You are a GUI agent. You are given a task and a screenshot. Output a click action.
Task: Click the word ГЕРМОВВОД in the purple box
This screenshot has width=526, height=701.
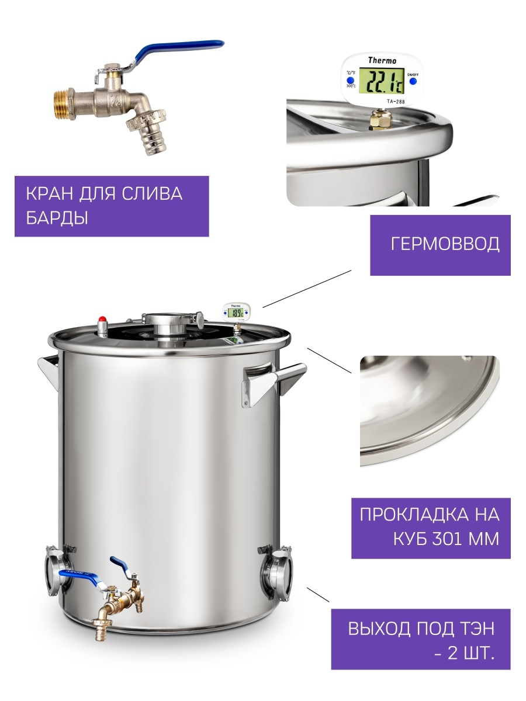(x=445, y=244)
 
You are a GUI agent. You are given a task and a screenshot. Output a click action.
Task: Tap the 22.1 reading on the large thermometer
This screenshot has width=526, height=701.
(x=382, y=81)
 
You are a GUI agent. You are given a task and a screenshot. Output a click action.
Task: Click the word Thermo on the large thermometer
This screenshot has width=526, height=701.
(x=382, y=60)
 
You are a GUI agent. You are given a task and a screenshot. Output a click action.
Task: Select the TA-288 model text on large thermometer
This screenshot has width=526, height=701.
(x=396, y=102)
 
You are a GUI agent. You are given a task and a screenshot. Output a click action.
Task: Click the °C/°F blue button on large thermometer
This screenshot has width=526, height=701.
(x=350, y=80)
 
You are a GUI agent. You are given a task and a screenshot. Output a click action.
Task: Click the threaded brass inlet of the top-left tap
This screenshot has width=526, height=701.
(x=63, y=106)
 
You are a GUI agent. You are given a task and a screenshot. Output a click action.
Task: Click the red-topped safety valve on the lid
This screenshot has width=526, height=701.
(x=102, y=326)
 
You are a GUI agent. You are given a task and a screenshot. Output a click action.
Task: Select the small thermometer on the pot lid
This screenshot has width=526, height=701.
(x=237, y=313)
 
